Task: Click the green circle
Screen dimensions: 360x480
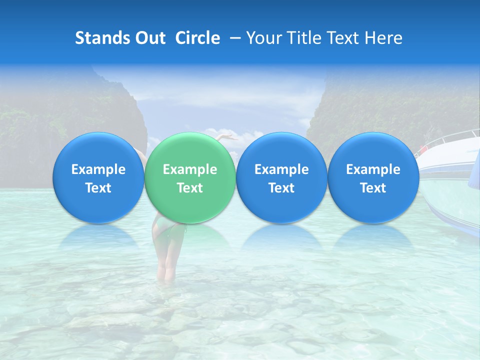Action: [x=189, y=178]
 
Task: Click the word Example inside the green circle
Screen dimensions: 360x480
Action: [x=189, y=169]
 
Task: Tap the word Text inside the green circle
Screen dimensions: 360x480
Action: [x=189, y=188]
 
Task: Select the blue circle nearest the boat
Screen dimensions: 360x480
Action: [x=373, y=178]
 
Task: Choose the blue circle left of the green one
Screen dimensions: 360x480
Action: [x=98, y=178]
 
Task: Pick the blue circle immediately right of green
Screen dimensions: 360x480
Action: [x=281, y=178]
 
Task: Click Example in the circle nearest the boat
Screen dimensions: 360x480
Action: [x=373, y=169]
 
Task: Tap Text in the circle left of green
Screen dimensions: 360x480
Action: [x=98, y=188]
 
